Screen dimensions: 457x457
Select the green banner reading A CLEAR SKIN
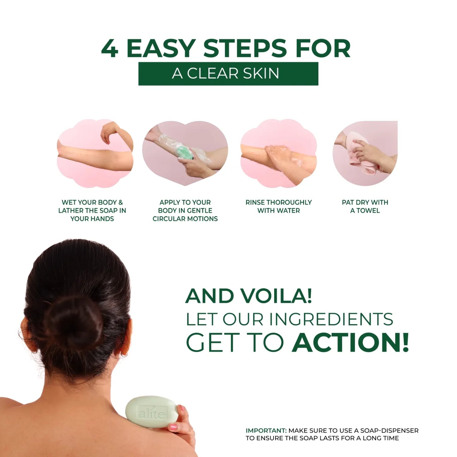click(x=228, y=73)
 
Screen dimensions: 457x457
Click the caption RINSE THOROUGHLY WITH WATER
click(x=278, y=206)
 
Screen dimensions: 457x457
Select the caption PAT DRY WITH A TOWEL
click(x=365, y=206)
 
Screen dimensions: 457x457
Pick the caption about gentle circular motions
click(x=185, y=210)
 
